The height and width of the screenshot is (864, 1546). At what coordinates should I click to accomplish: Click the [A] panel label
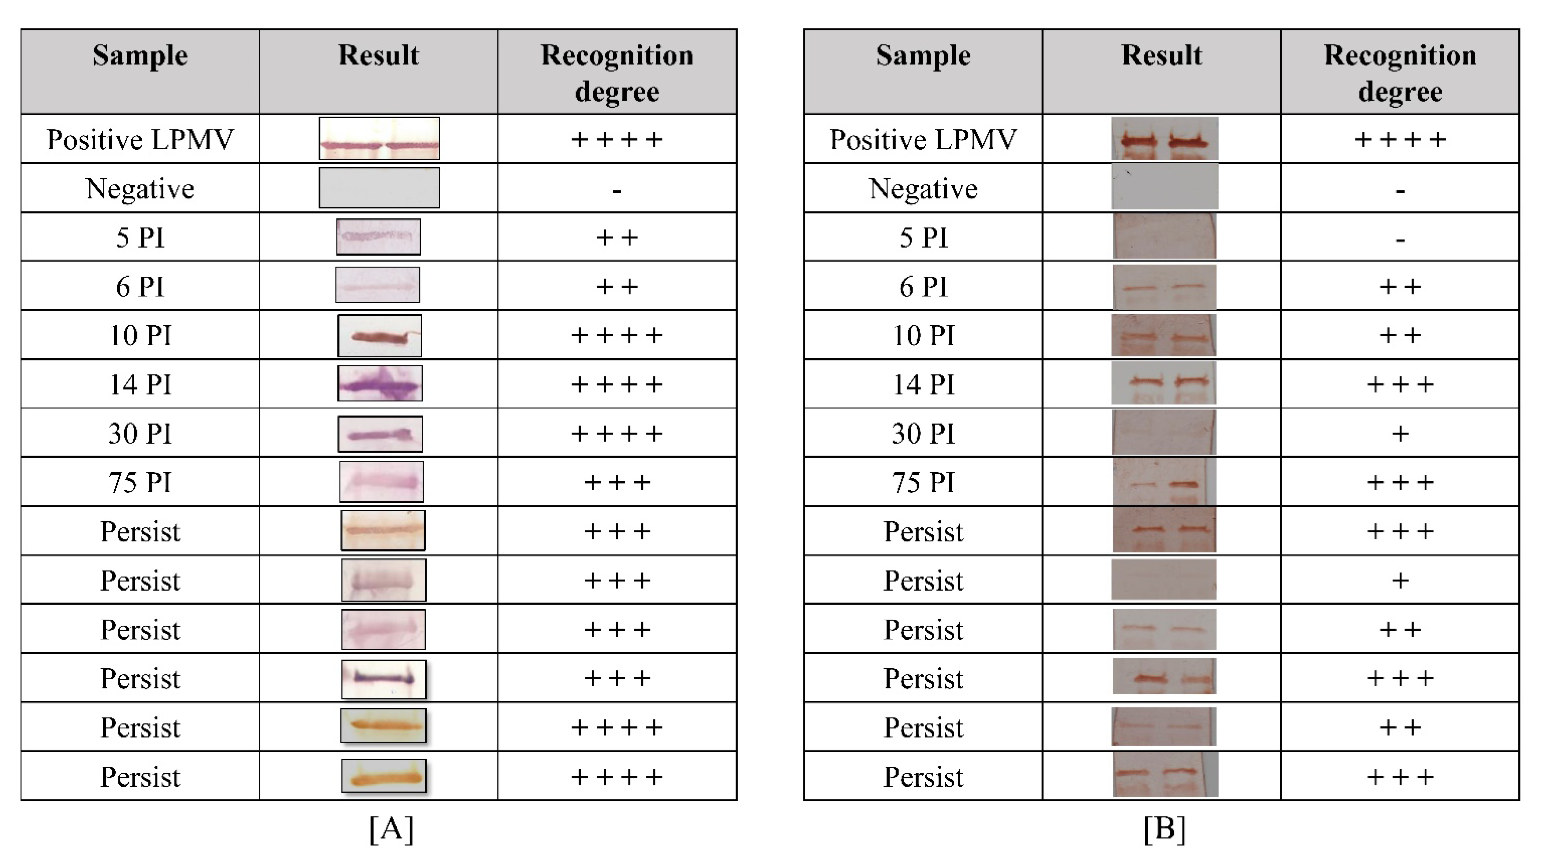pyautogui.click(x=391, y=829)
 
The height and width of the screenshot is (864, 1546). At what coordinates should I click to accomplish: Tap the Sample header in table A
pyautogui.click(x=140, y=55)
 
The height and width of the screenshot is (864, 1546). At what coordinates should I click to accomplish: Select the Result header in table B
pyautogui.click(x=1162, y=55)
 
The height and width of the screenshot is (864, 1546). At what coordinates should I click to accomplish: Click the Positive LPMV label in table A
pyautogui.click(x=140, y=139)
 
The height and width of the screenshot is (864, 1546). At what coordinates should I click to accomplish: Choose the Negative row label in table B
pyautogui.click(x=923, y=189)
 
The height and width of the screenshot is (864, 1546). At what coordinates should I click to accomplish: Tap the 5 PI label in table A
pyautogui.click(x=140, y=238)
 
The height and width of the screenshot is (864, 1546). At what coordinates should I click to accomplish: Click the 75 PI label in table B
pyautogui.click(x=923, y=482)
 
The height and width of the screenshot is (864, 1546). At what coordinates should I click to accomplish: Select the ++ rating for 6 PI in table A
pyautogui.click(x=617, y=286)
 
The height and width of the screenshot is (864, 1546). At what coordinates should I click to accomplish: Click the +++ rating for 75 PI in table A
pyautogui.click(x=617, y=482)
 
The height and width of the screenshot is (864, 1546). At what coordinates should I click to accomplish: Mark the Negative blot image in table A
pyautogui.click(x=379, y=188)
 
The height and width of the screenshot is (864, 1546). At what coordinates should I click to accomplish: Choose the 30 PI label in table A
pyautogui.click(x=140, y=433)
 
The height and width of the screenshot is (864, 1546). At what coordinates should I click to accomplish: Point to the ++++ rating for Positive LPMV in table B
pyautogui.click(x=1400, y=139)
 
